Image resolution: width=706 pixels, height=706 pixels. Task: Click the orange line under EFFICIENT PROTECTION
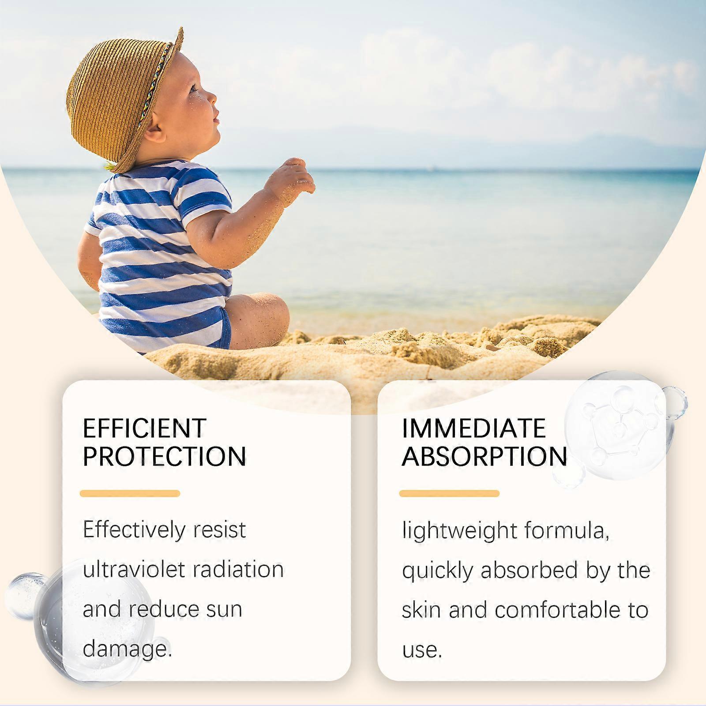pos(130,493)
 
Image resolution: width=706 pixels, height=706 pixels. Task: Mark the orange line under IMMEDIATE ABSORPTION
pos(450,493)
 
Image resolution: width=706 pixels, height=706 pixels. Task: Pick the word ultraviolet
pos(132,569)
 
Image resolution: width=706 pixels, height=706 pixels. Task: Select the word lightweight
pos(459,530)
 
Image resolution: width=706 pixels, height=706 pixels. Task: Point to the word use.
pos(422,650)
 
